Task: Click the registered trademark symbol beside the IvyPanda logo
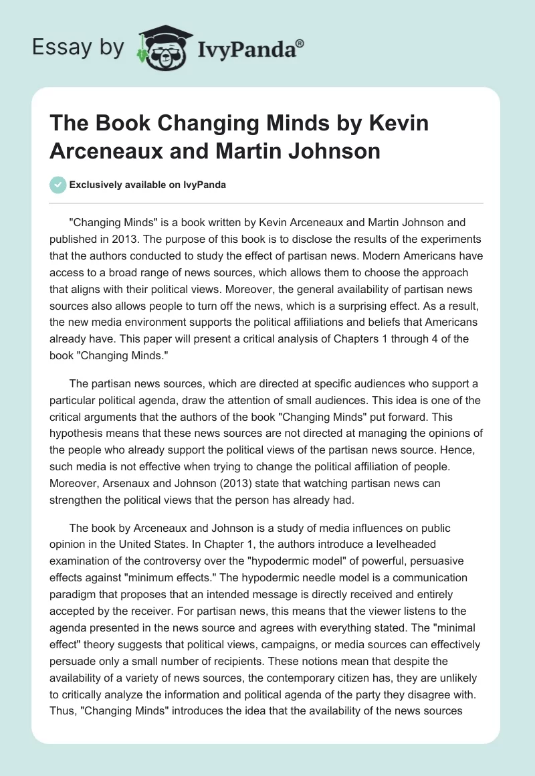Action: click(301, 42)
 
